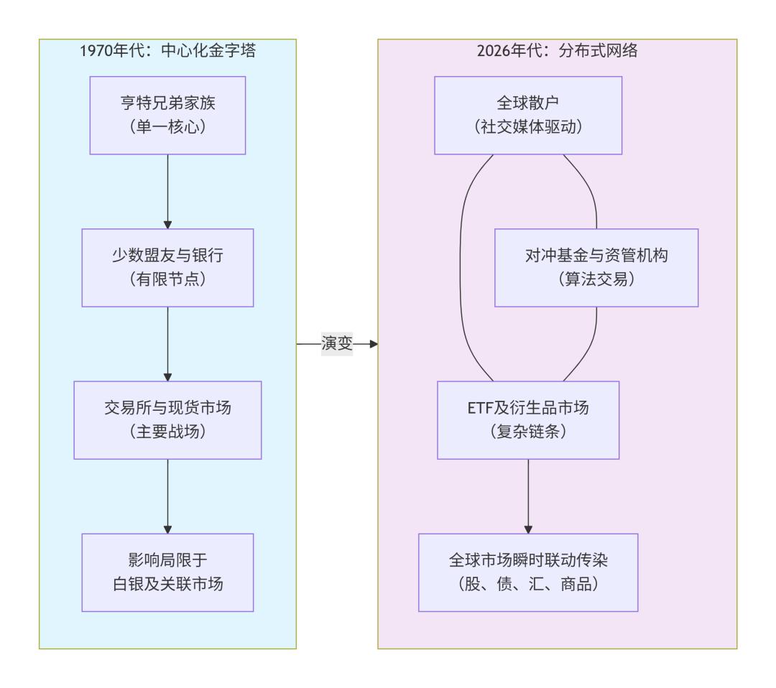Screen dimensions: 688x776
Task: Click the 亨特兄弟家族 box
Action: pos(167,115)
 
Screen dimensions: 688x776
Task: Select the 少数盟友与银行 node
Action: pos(167,267)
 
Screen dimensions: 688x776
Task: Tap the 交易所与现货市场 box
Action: pos(167,419)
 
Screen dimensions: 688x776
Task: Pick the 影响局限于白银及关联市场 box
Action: pos(167,572)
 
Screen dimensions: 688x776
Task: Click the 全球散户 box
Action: pos(528,115)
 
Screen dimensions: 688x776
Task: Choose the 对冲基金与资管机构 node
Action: pos(596,267)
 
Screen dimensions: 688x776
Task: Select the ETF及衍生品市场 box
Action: pos(528,419)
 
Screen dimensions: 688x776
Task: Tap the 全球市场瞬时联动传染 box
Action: pos(528,572)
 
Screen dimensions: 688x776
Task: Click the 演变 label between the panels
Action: pos(336,345)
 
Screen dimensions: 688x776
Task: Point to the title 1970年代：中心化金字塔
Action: pos(167,52)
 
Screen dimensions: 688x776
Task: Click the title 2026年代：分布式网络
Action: pos(557,52)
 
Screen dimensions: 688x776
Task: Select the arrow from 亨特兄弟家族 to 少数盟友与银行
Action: pos(167,190)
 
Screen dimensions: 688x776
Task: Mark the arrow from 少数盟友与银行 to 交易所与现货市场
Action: pos(167,343)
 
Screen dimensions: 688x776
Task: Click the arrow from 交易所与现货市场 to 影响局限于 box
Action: pos(167,496)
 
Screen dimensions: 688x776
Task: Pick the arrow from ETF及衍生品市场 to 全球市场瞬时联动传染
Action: pos(528,496)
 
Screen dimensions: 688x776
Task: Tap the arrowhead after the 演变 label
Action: pos(372,345)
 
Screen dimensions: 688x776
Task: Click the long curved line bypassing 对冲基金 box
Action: pos(460,267)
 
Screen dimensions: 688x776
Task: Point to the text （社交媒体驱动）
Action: pos(528,127)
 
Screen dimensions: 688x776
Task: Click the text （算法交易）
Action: pos(596,280)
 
